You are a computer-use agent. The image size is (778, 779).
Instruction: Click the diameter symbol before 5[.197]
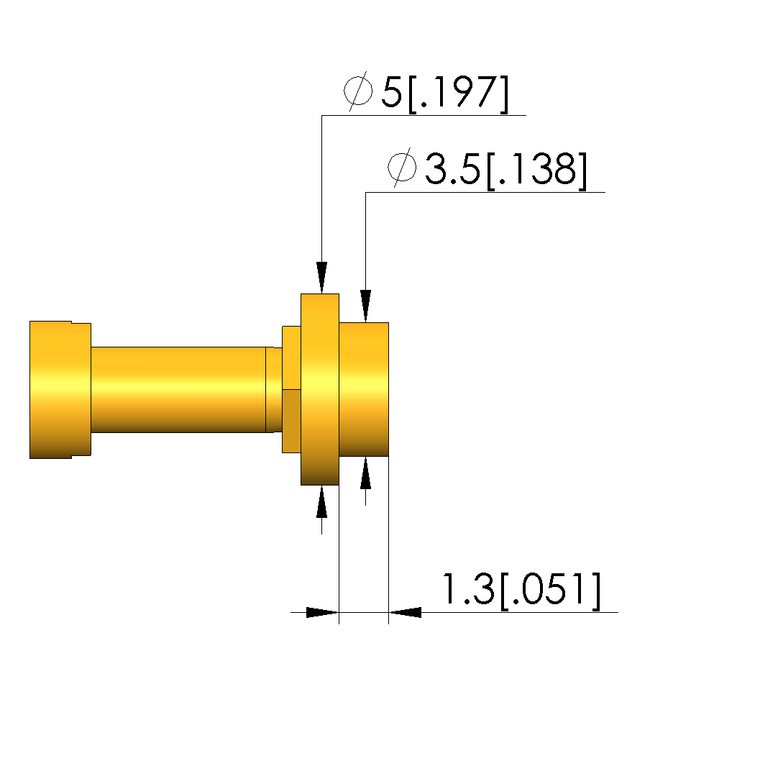click(358, 91)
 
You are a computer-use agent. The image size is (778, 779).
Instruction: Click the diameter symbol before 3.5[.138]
click(402, 167)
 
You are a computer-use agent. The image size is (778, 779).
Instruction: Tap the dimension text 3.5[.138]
click(506, 170)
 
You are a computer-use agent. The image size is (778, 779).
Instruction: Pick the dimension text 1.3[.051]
click(521, 590)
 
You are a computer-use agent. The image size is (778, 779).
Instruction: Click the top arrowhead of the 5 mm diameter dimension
click(321, 277)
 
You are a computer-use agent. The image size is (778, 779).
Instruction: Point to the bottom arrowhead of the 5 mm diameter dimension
click(321, 502)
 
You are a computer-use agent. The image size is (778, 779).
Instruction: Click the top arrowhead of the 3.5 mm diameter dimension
click(366, 306)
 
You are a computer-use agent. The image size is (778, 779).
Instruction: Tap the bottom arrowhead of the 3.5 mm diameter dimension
click(366, 473)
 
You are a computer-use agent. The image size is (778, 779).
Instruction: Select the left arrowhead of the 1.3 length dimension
click(322, 613)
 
